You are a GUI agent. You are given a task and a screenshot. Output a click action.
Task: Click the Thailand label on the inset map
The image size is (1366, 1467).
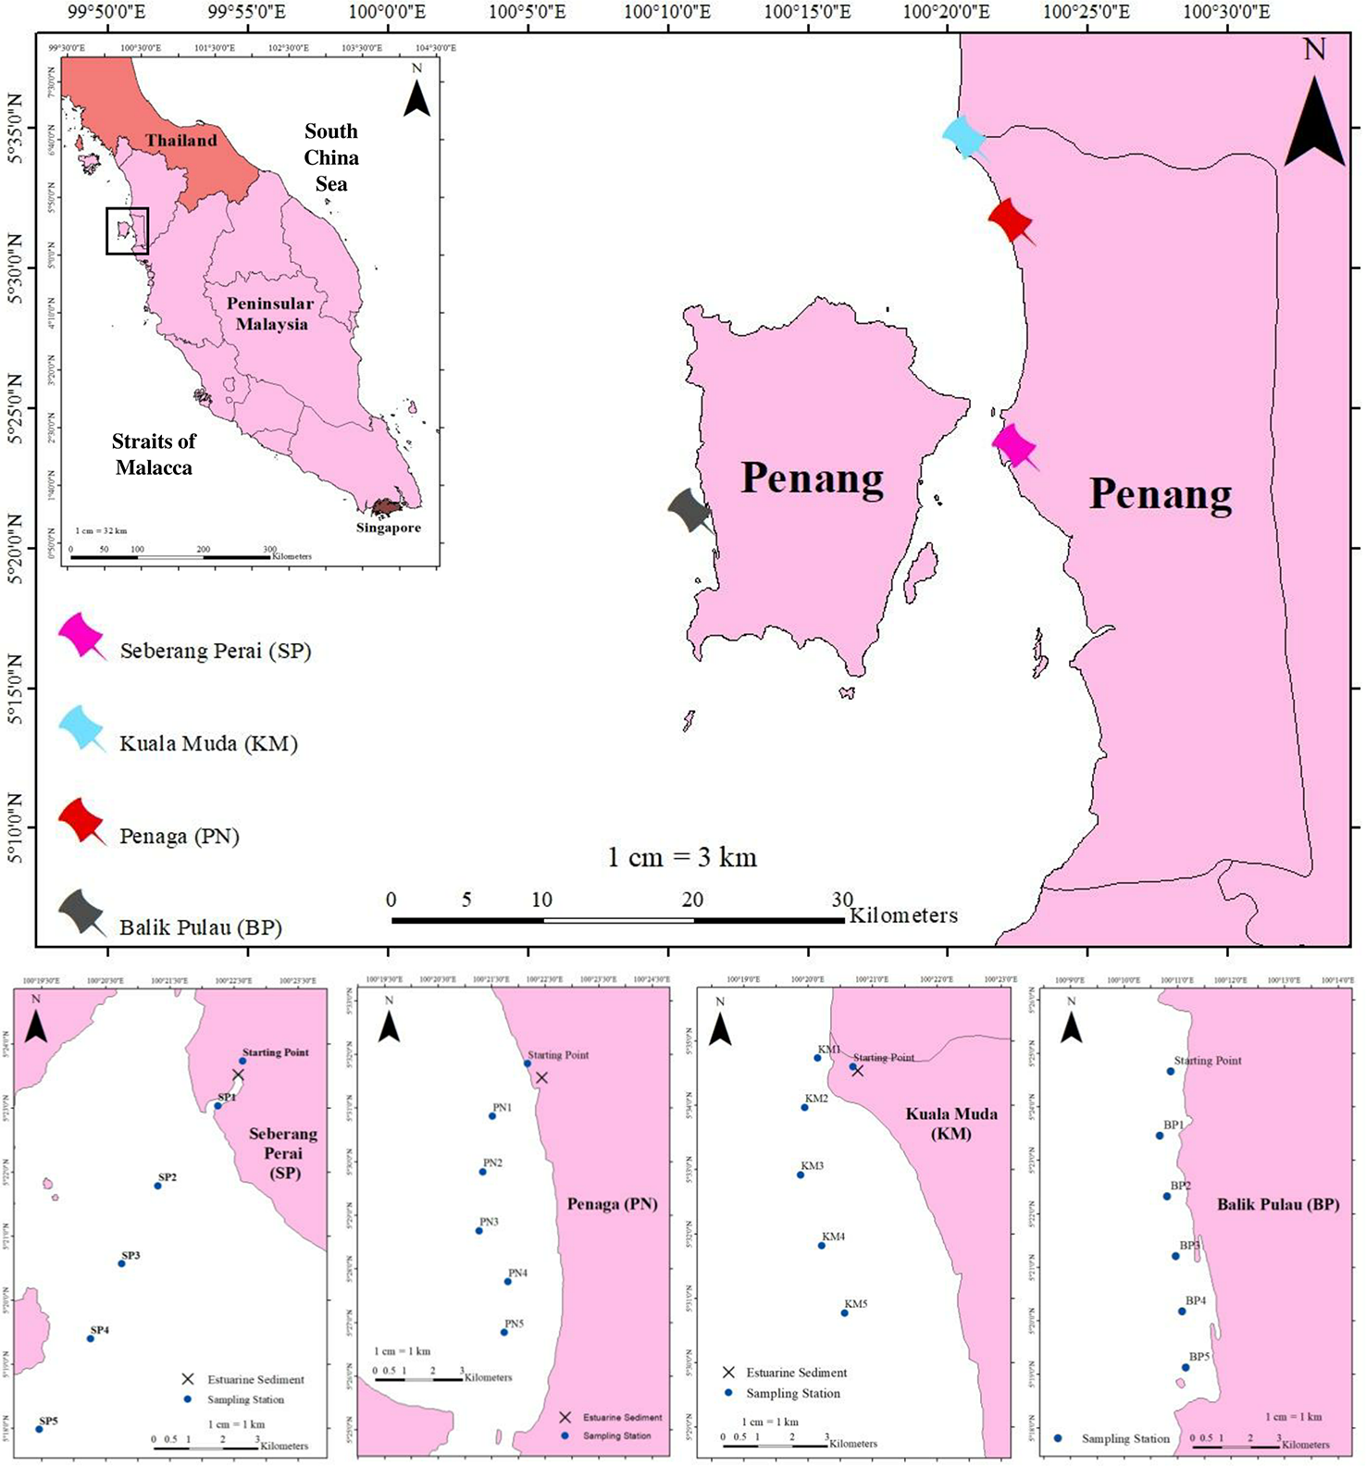point(180,141)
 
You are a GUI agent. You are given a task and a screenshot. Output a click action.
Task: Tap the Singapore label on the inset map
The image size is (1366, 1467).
point(388,528)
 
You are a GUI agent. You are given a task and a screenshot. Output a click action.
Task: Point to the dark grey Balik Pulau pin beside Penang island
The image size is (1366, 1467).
point(689,508)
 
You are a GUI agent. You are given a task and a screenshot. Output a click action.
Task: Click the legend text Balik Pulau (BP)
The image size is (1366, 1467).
point(201,927)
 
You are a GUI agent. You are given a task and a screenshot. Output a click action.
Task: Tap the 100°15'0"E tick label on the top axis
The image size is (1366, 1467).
point(809,12)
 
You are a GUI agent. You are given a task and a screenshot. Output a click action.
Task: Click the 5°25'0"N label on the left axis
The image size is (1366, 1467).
point(14,408)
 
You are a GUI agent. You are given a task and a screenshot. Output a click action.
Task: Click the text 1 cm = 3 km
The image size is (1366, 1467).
point(682,857)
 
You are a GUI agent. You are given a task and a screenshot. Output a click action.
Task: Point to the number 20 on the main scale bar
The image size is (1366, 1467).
point(692,900)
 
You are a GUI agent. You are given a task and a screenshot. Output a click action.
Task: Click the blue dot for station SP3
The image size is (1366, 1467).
point(121,1263)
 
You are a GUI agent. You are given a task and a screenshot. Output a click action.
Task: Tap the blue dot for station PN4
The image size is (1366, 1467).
point(508,1281)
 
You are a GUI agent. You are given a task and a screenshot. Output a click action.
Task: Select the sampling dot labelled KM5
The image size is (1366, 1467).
point(844,1312)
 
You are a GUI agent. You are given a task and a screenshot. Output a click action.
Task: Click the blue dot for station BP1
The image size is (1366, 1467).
point(1160,1135)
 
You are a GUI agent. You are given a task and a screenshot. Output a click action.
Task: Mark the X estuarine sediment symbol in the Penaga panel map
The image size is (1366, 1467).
point(541,1077)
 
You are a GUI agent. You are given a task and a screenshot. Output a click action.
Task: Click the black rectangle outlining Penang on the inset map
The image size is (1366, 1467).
point(127,230)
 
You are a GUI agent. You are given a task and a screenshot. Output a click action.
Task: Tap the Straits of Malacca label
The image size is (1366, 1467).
point(154,454)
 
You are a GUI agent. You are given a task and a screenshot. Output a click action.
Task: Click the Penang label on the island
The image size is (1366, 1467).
point(812,479)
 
